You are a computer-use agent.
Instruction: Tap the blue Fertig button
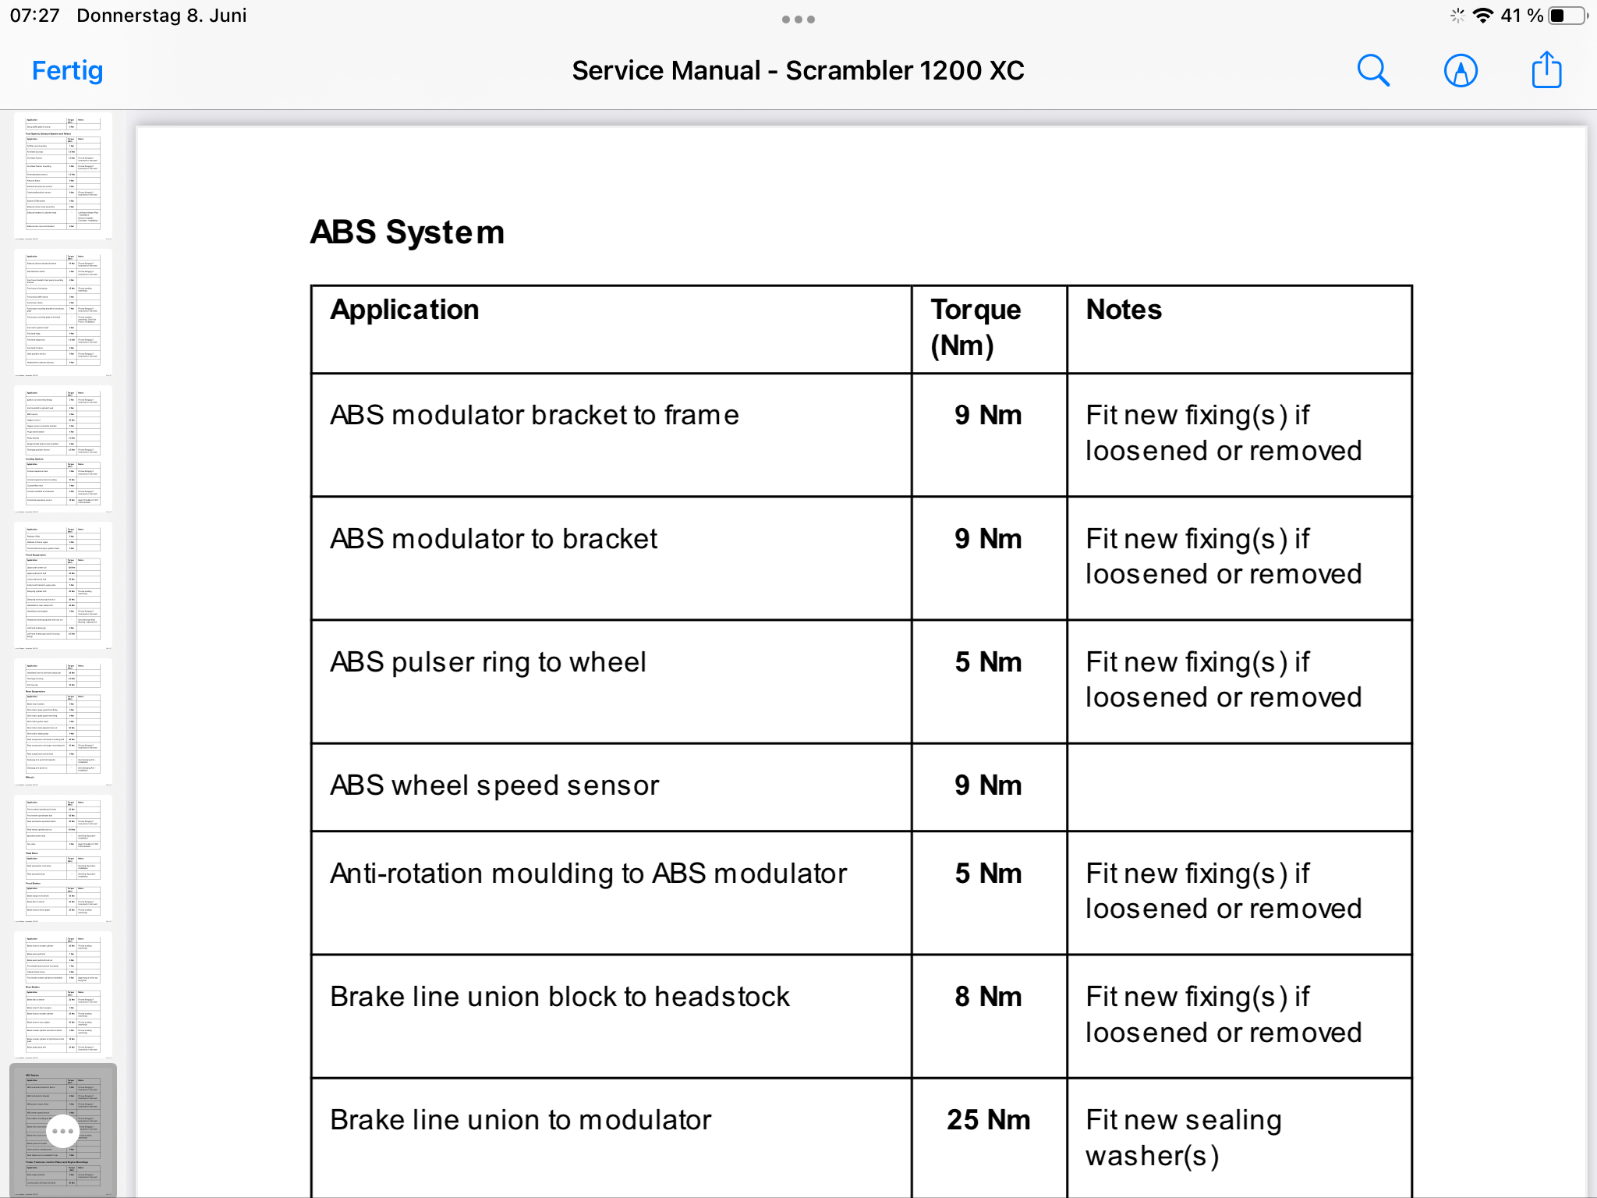tap(67, 71)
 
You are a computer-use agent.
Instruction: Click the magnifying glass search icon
tap(1373, 71)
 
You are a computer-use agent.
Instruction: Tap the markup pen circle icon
tap(1461, 71)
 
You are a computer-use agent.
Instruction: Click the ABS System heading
tap(407, 232)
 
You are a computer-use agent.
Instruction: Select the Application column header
tap(404, 310)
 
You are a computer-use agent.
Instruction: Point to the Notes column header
tap(1124, 310)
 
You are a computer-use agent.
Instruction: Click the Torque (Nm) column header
tap(976, 328)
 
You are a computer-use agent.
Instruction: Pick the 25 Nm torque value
tap(988, 1120)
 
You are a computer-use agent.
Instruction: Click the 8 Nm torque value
tap(988, 997)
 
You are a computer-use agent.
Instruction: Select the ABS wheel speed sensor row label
tap(494, 785)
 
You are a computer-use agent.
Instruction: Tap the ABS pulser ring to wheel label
tap(488, 662)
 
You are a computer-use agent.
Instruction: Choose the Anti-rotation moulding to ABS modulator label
tap(588, 874)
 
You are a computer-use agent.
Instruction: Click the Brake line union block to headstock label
tap(560, 997)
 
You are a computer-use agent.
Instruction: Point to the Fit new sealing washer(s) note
tap(1183, 1137)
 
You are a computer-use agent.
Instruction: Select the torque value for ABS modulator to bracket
tap(988, 539)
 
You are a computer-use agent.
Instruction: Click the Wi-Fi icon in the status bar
tap(1482, 16)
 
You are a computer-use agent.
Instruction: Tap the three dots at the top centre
tap(798, 19)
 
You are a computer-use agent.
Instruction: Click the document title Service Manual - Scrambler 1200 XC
tap(798, 71)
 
